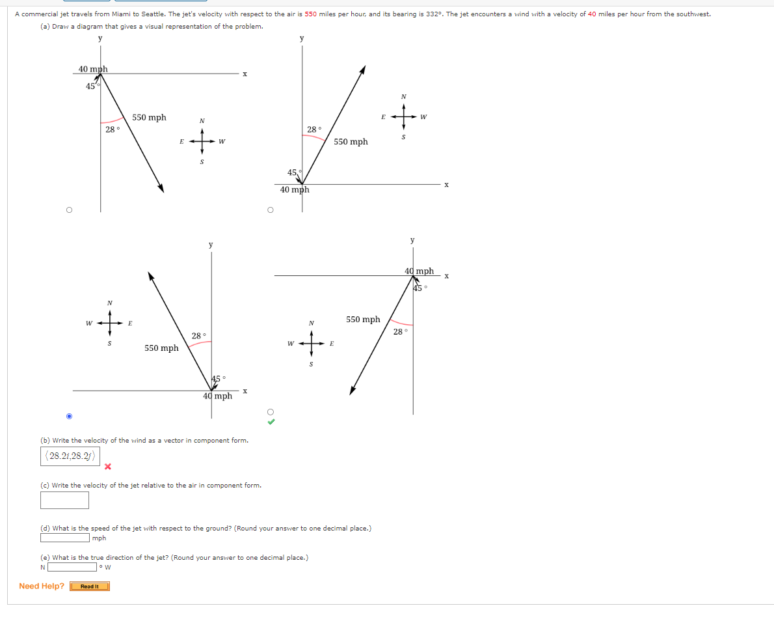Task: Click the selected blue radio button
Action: [x=69, y=416]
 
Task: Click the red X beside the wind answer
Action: [x=108, y=466]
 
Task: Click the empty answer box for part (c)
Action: [x=64, y=500]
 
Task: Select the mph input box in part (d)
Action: [x=64, y=538]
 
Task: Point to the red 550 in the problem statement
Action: [x=310, y=14]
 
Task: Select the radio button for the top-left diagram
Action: [x=69, y=210]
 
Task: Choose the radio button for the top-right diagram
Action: [x=271, y=210]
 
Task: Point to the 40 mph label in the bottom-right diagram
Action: [x=419, y=271]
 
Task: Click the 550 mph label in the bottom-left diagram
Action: [x=161, y=348]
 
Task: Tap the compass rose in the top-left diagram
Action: [x=202, y=141]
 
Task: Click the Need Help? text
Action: [x=42, y=586]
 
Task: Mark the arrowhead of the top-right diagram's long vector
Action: [x=363, y=69]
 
